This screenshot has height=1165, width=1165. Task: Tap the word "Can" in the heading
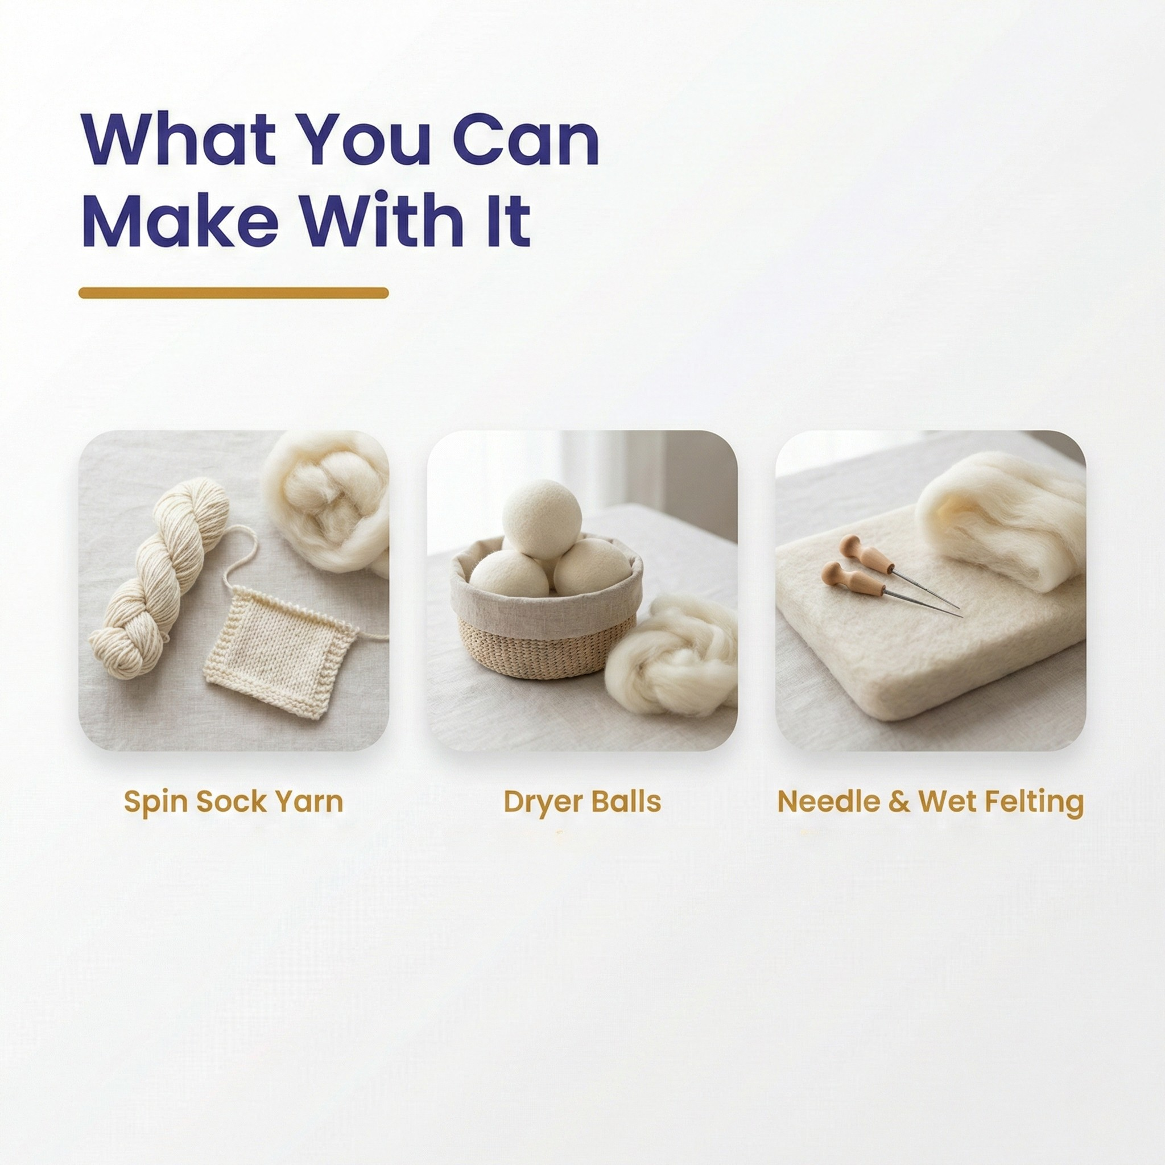[525, 139]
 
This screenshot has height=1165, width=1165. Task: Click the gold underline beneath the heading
[233, 293]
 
